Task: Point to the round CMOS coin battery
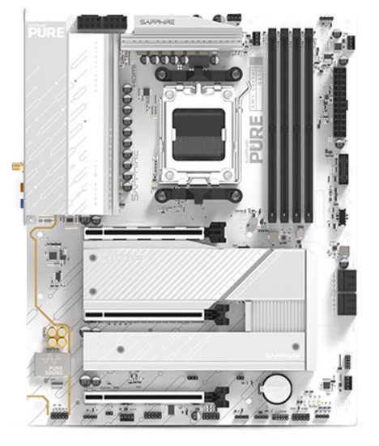[280, 382]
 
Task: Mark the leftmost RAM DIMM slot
[273, 125]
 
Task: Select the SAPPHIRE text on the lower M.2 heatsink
[287, 357]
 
